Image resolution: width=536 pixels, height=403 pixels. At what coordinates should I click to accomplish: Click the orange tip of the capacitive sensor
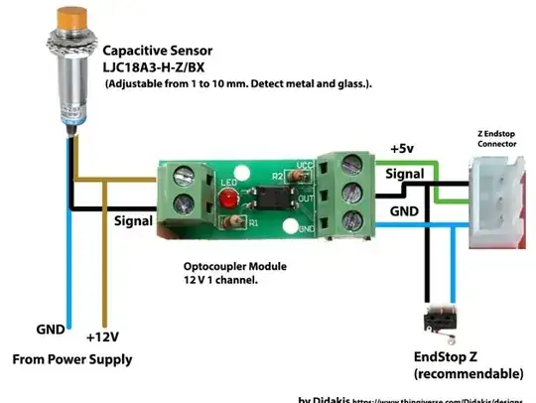coord(70,20)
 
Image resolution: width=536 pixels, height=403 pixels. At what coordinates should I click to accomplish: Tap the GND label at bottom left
coord(52,329)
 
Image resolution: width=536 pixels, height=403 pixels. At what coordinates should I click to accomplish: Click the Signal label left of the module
coord(134,220)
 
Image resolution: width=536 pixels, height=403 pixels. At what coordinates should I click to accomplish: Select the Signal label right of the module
coord(406,173)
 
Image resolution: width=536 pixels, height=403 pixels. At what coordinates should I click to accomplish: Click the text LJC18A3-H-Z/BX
coord(161,67)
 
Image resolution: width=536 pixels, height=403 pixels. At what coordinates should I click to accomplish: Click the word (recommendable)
coord(468,373)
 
